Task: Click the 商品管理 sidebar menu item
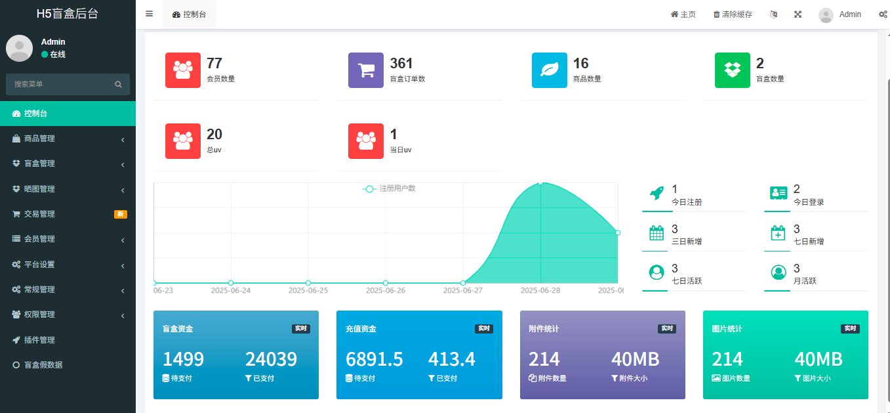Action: click(x=39, y=139)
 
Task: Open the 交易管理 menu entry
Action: click(x=39, y=214)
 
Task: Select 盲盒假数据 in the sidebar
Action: click(x=43, y=365)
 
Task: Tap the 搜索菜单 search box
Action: click(x=62, y=84)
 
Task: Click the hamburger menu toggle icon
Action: click(x=149, y=14)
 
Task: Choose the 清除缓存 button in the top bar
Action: click(x=733, y=14)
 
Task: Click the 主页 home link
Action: click(x=683, y=14)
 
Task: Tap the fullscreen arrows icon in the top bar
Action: click(x=798, y=14)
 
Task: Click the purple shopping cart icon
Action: click(x=365, y=70)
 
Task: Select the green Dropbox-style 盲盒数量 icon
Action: click(x=732, y=70)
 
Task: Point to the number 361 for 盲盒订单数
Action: click(x=401, y=64)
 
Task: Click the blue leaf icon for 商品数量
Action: click(x=549, y=70)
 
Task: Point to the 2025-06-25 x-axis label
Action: click(x=308, y=290)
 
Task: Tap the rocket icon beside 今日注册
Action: click(x=656, y=193)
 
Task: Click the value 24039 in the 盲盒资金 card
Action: click(x=271, y=359)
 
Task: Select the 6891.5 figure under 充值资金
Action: click(x=374, y=359)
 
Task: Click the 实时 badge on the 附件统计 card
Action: click(x=666, y=328)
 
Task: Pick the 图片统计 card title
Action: click(x=727, y=328)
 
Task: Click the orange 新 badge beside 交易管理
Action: click(x=121, y=214)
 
